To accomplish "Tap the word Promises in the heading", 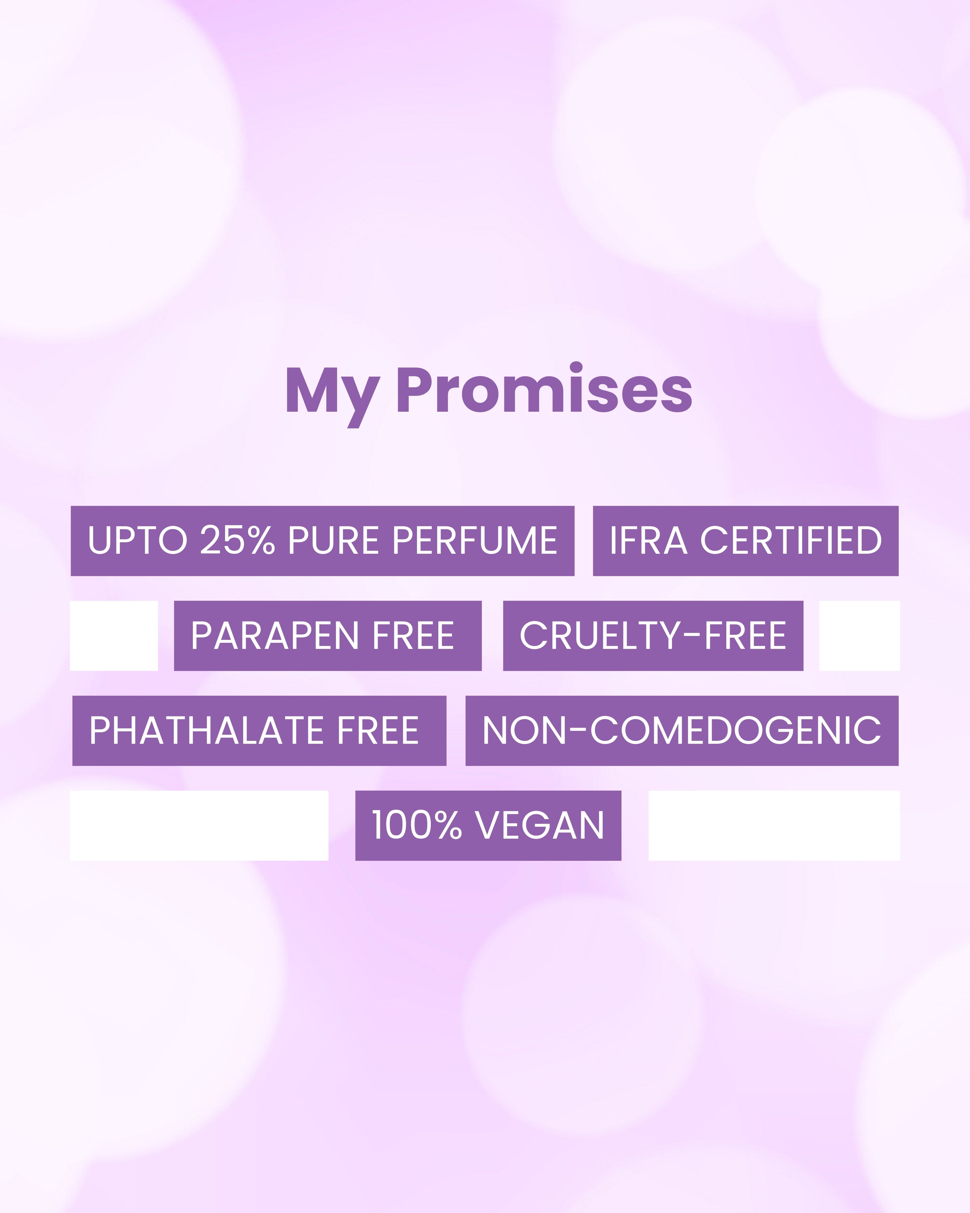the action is [544, 389].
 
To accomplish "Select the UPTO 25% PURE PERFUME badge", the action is [322, 541].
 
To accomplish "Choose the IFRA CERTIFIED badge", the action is [746, 541].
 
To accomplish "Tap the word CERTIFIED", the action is [791, 541].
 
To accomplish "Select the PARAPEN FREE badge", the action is [328, 636].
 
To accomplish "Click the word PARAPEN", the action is [274, 636].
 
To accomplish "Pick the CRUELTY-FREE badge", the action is [653, 636].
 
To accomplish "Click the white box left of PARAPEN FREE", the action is [114, 636].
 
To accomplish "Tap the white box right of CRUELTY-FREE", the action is [859, 636].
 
